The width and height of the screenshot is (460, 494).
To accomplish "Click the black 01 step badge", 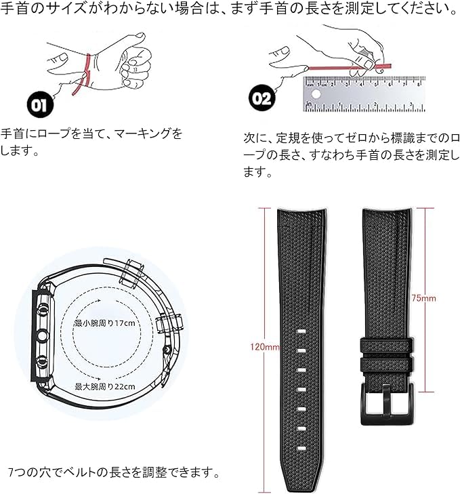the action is (39, 105).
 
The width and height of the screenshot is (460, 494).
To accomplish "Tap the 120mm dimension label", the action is (264, 348).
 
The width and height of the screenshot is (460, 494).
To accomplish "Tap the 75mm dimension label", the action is (423, 297).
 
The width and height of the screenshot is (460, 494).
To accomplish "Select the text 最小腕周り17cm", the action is (104, 323).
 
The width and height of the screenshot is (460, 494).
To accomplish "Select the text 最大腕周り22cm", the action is (104, 386).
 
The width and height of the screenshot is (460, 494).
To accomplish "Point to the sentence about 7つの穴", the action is (114, 471).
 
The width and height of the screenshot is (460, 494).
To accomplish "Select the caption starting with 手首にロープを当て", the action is (91, 141).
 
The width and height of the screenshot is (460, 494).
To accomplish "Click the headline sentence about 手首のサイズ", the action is (229, 9).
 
